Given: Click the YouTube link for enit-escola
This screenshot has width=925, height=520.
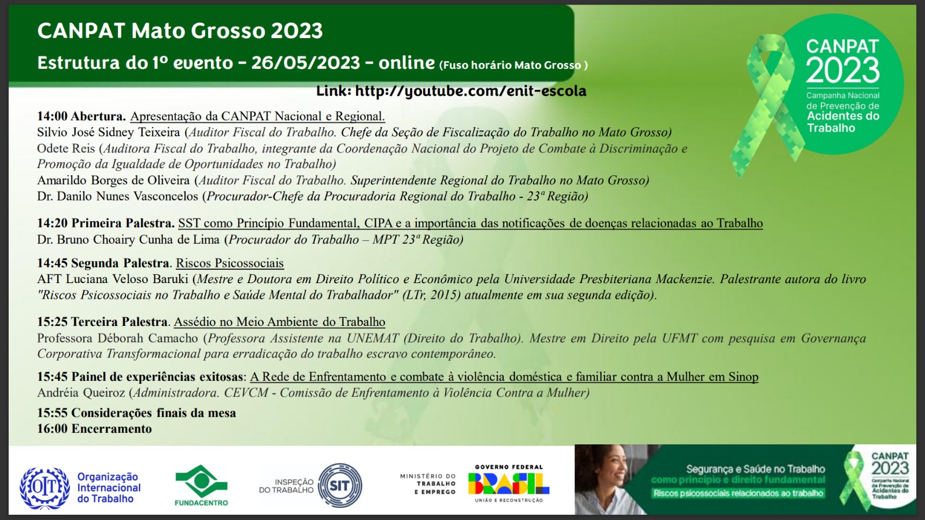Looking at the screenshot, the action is [471, 91].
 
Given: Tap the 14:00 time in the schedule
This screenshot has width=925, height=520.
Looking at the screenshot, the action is [52, 116].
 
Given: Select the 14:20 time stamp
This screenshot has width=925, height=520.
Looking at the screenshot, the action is [52, 223].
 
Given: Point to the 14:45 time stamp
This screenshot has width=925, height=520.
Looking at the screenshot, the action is [52, 263].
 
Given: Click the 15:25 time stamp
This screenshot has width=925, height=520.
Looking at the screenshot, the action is [52, 321].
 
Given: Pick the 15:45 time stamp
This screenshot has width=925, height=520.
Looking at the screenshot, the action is [52, 376].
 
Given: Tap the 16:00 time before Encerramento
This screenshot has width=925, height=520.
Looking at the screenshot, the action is [52, 429].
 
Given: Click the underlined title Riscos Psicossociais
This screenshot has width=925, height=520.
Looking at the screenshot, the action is [230, 263].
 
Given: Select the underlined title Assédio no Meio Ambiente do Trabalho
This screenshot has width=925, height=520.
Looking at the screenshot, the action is [280, 321].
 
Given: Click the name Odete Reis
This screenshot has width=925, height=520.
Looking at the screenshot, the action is [66, 148].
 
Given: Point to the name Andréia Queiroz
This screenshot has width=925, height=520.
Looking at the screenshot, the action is [81, 392].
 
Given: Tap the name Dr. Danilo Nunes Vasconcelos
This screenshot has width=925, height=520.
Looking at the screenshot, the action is [118, 196].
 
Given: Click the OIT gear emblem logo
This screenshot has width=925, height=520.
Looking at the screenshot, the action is [45, 488].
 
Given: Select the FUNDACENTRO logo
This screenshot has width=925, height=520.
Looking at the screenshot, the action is [201, 485].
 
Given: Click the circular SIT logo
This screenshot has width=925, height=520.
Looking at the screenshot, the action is [340, 485].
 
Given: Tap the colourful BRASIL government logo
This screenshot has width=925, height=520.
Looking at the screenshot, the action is [508, 484].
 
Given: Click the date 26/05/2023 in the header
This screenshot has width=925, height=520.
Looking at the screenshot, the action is [306, 63].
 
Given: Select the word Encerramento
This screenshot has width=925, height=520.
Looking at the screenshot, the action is [112, 429].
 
